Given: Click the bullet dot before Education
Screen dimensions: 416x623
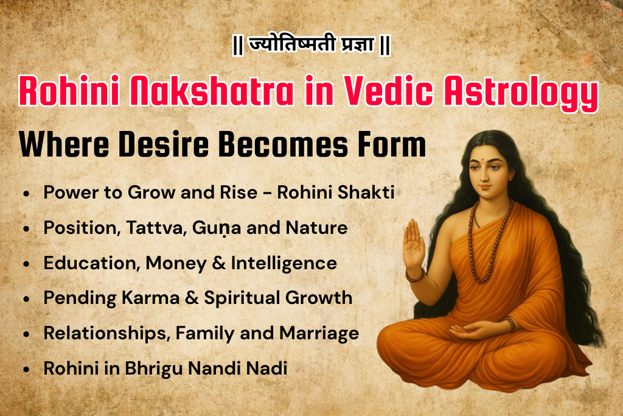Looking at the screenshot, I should click(x=26, y=264).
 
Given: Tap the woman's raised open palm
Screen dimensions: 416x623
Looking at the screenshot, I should click(x=414, y=244).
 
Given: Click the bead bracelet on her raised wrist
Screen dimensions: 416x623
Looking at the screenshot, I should click(x=416, y=277).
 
